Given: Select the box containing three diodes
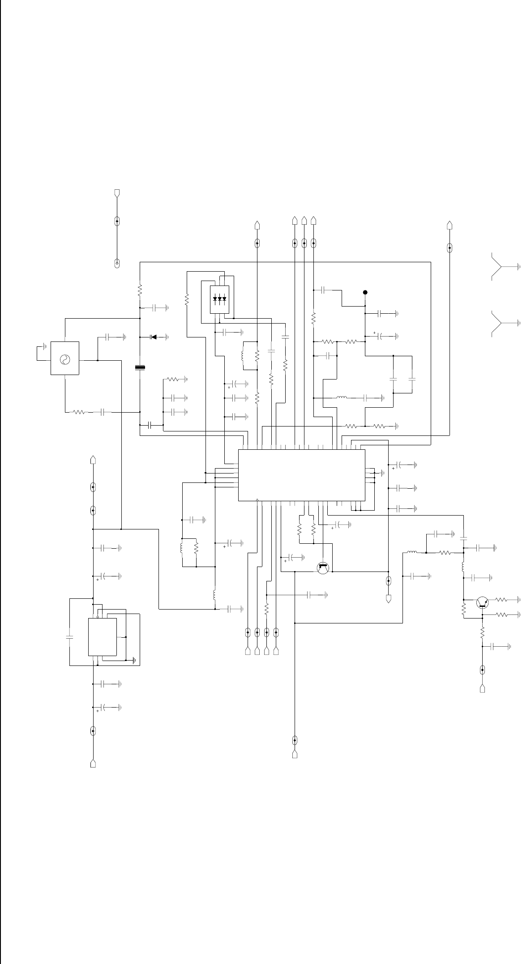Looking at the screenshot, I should click(x=219, y=299).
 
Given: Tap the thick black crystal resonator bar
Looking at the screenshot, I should click(x=140, y=368).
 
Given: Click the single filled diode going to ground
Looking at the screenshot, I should click(x=154, y=337).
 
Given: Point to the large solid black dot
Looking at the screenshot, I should click(x=365, y=292).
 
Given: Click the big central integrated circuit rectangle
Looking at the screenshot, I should click(x=301, y=475).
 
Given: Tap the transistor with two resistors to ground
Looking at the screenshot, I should click(x=482, y=602).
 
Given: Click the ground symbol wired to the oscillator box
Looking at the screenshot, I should click(x=44, y=346).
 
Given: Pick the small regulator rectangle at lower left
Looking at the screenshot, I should click(x=103, y=637).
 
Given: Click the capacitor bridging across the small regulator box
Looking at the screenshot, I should click(x=69, y=637).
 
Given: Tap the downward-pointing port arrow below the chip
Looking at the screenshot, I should click(x=388, y=598).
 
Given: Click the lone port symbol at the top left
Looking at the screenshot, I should click(x=117, y=193).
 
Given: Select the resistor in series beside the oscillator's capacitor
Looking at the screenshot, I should click(x=79, y=412).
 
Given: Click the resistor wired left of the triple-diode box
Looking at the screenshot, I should click(x=187, y=299).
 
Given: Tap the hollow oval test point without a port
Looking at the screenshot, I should click(x=117, y=263).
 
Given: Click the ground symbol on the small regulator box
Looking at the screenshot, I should click(x=134, y=659).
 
